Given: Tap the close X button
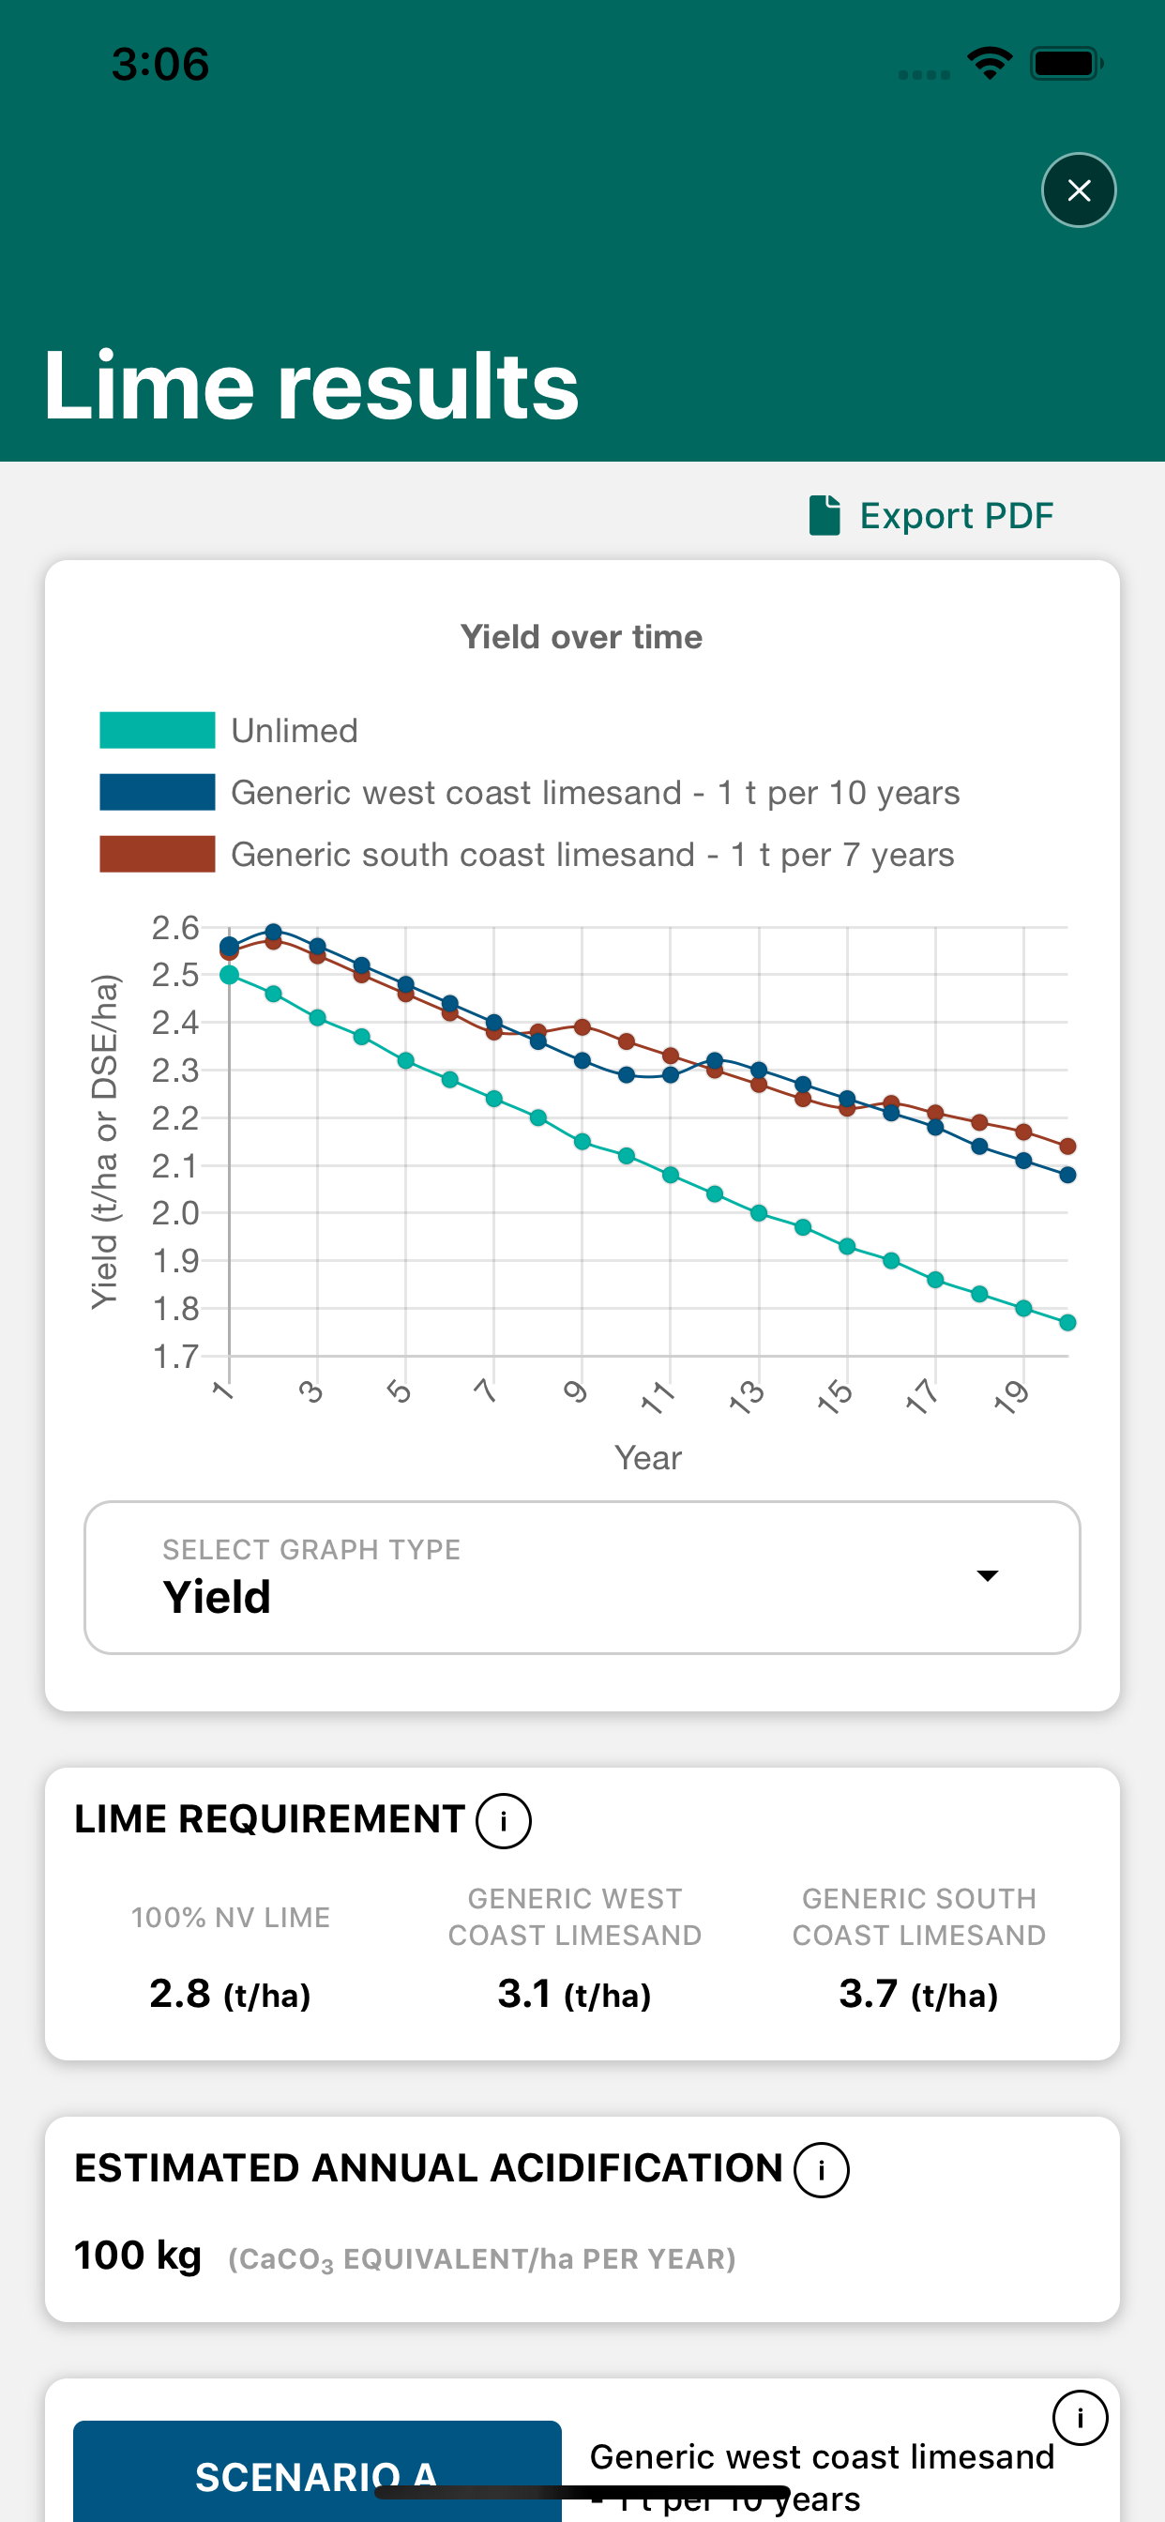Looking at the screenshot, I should [1078, 190].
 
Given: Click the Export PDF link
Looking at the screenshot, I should [931, 515].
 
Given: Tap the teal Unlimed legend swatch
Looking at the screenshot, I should [157, 730].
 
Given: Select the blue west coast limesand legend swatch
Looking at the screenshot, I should [157, 792].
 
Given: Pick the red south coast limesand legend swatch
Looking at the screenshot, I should [157, 854].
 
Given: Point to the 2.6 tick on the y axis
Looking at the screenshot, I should [175, 927].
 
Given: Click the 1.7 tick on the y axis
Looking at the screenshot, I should [175, 1356].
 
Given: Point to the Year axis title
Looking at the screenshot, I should [648, 1458].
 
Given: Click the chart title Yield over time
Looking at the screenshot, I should [582, 637].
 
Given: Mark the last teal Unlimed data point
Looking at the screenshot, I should [1068, 1323].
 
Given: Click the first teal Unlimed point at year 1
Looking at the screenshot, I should [229, 974].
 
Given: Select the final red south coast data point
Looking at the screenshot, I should [1068, 1146].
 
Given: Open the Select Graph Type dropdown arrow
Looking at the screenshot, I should [987, 1575].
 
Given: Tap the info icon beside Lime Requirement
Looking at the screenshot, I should [503, 1821].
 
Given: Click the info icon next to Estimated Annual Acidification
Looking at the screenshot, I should [821, 2169].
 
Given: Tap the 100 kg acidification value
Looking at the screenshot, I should [138, 2256].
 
